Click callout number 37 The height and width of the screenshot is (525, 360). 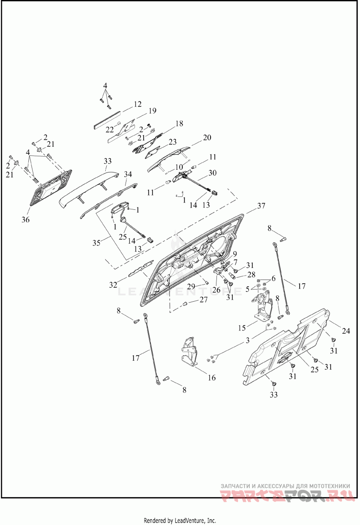pos(261,206)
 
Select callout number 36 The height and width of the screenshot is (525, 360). pos(26,220)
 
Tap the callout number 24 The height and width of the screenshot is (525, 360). pos(346,331)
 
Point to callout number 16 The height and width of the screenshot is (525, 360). pos(211,377)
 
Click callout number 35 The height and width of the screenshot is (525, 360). pos(96,243)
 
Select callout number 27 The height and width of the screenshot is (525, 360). pos(203,300)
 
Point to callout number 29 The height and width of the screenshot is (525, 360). pos(190,286)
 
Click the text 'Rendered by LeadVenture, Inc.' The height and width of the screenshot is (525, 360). pos(180,520)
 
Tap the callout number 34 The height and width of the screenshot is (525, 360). pos(128,174)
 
